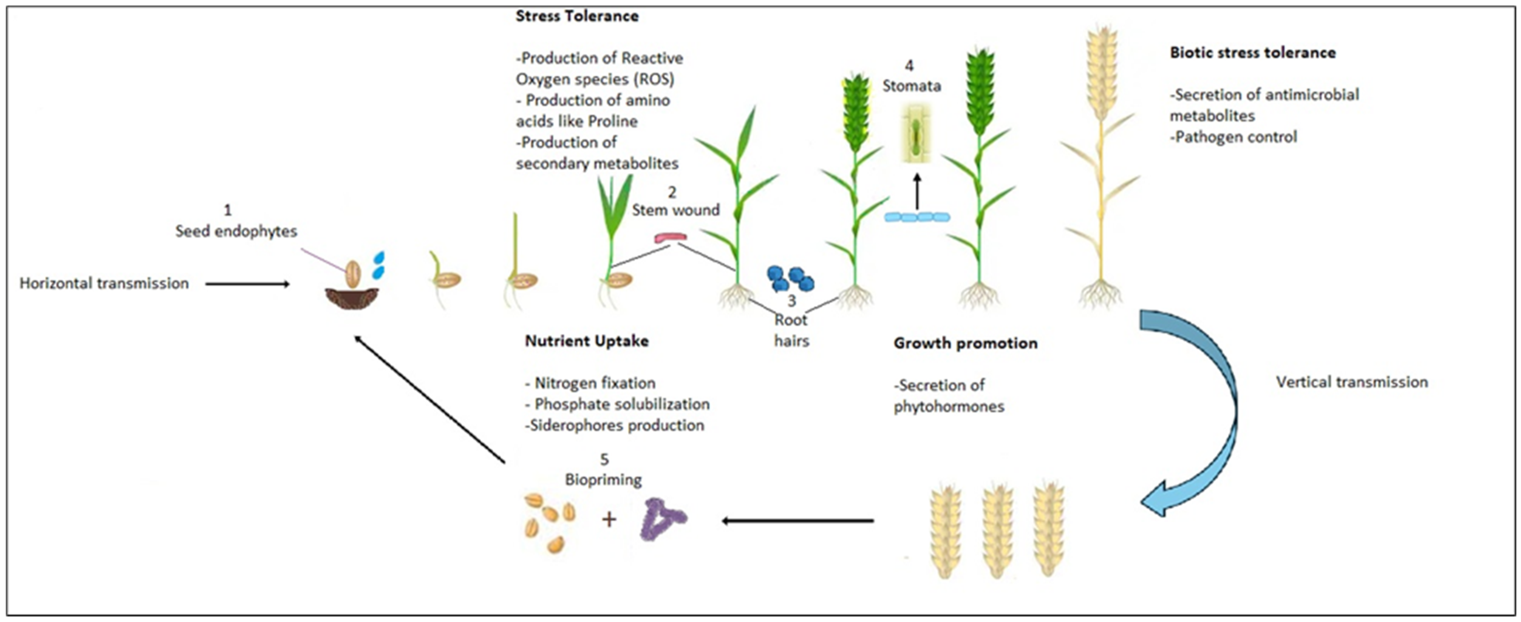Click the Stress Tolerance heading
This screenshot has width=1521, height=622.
pos(577,16)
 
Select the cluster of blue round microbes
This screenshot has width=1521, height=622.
pos(790,279)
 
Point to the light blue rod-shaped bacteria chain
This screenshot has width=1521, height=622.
pos(917,217)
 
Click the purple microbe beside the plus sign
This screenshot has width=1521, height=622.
pos(663,519)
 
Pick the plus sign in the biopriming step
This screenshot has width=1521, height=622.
pos(609,519)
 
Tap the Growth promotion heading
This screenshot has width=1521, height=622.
pos(965,343)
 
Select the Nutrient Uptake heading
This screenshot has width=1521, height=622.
pos(586,341)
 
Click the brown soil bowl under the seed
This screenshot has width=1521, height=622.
pos(352,298)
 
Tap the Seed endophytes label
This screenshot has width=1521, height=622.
pos(235,231)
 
